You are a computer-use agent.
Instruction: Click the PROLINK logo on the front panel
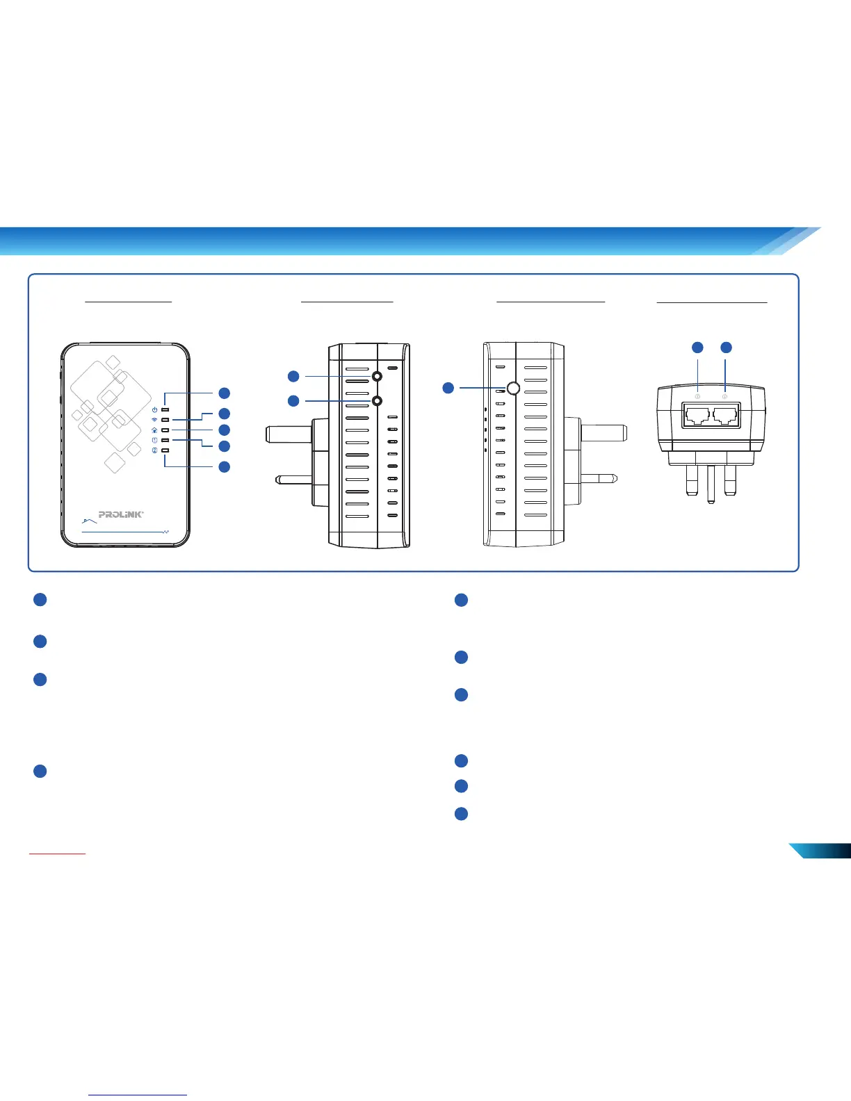click(x=121, y=514)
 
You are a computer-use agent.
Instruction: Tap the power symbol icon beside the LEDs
click(x=154, y=409)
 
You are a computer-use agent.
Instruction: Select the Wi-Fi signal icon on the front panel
click(x=154, y=420)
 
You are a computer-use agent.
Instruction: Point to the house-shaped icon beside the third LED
click(x=154, y=430)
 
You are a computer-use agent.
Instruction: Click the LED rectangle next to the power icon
click(x=165, y=409)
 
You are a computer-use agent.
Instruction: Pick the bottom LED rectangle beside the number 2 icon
click(x=165, y=450)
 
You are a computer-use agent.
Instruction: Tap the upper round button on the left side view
click(x=377, y=376)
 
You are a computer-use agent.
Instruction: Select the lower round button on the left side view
click(x=377, y=400)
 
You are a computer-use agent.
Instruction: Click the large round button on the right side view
click(x=513, y=388)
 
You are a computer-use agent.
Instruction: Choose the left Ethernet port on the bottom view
click(x=697, y=416)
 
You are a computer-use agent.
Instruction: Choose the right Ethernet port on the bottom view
click(x=724, y=416)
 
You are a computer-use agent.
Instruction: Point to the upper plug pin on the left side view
click(x=288, y=434)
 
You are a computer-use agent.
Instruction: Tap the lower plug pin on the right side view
click(x=598, y=478)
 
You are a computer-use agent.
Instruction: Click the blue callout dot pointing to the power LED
click(x=224, y=393)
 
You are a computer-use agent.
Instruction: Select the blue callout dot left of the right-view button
click(x=448, y=387)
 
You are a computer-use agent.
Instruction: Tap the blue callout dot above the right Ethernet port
click(x=725, y=347)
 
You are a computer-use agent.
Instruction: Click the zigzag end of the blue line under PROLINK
click(x=166, y=532)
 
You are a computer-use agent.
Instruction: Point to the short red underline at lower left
click(x=57, y=852)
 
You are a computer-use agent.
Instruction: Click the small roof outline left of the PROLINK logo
click(x=86, y=519)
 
